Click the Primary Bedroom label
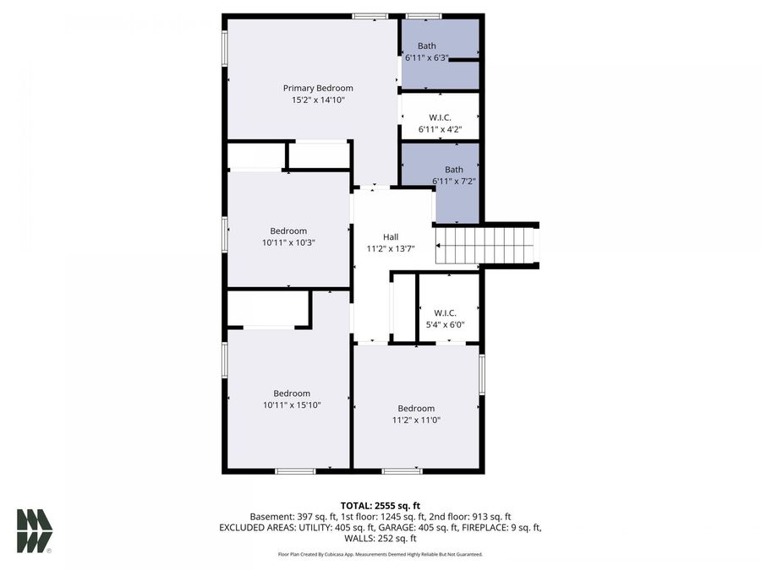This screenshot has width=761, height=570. coord(318,88)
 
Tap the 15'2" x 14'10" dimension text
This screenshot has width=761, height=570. coord(318,100)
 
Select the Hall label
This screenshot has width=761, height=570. coord(391,237)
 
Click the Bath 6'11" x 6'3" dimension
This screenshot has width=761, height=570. coord(426,57)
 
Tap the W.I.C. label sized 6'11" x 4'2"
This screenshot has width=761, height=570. coord(440,117)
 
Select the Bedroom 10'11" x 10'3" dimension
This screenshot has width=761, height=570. coord(288,242)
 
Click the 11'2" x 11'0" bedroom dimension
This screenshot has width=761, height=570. coord(416,420)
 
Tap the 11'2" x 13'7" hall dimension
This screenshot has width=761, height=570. coord(391,249)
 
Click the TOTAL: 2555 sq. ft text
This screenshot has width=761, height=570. coord(380,506)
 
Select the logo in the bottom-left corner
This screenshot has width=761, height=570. coord(35,530)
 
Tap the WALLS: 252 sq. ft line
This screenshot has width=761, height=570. coord(380,538)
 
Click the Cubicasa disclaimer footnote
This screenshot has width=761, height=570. coord(380,554)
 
